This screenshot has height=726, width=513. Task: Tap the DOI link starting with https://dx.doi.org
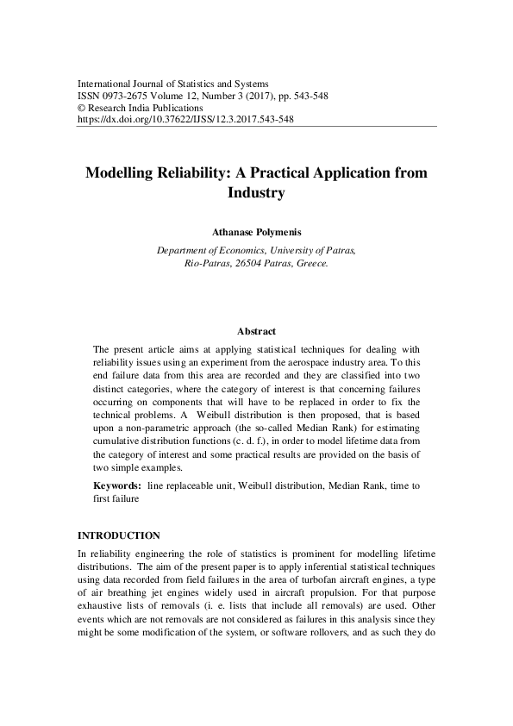tap(185, 120)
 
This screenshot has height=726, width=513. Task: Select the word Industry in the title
tap(256, 193)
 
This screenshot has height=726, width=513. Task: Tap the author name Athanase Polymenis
tap(256, 232)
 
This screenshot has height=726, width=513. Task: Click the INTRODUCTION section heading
tap(118, 535)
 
